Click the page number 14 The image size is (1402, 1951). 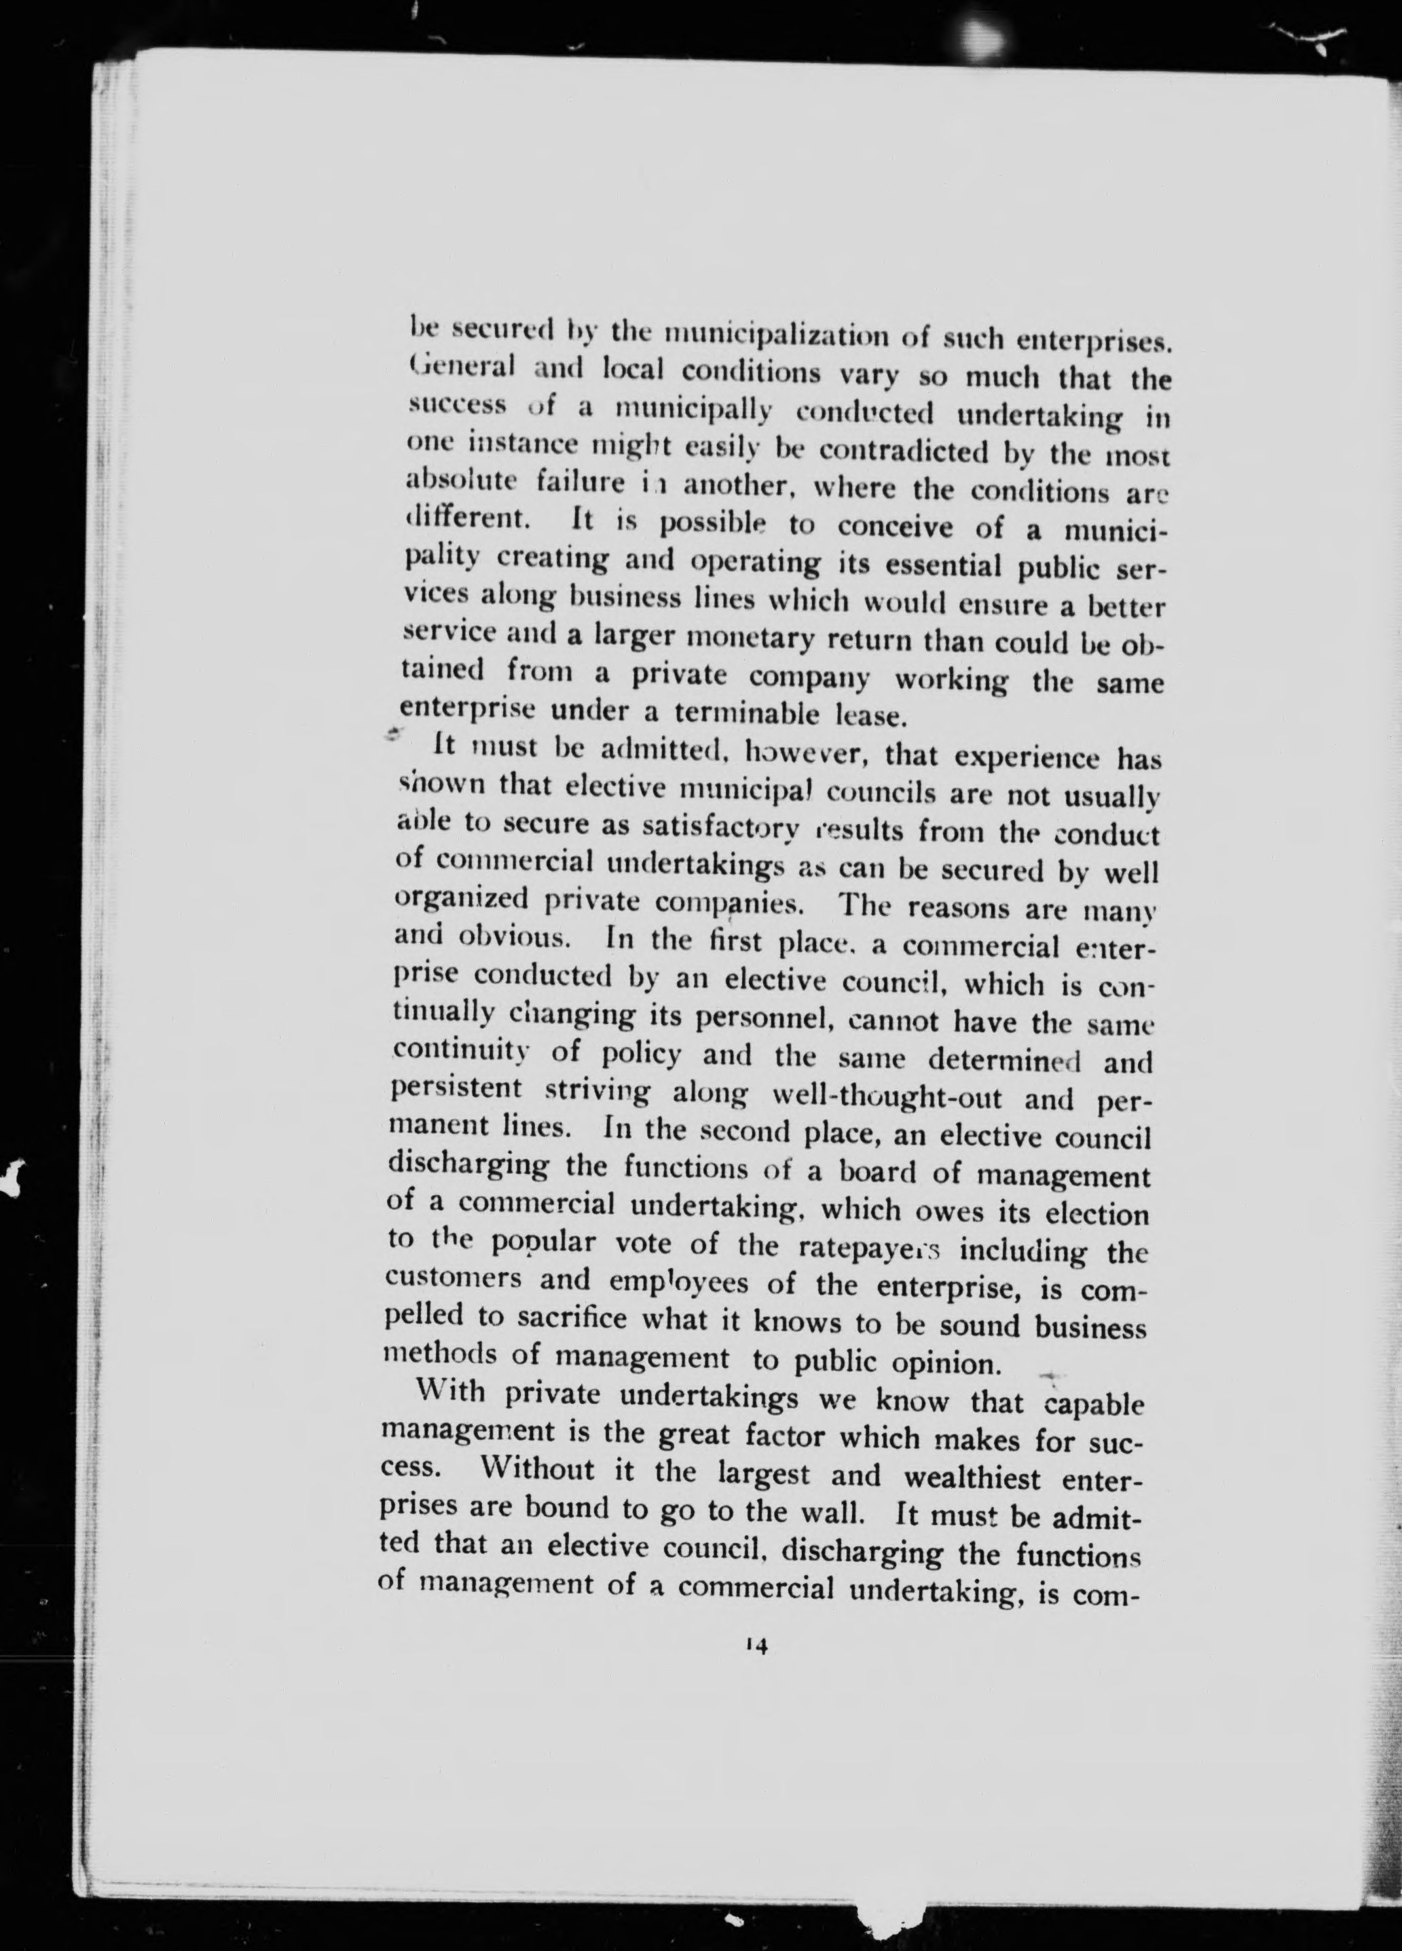(x=758, y=1645)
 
